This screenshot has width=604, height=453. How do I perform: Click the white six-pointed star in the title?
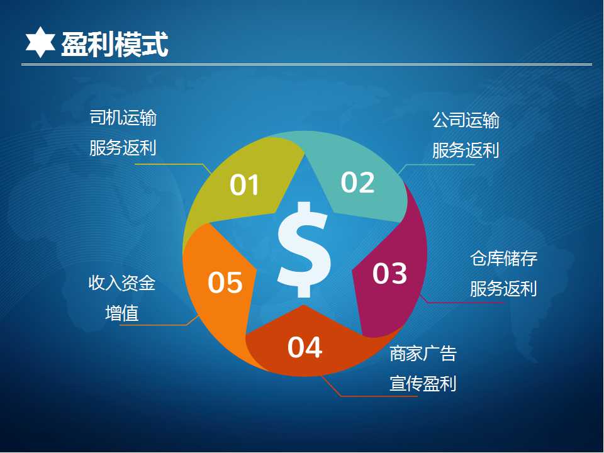(x=40, y=42)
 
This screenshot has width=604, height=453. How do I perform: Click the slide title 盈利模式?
(x=115, y=45)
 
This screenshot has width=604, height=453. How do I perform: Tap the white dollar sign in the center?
(x=304, y=250)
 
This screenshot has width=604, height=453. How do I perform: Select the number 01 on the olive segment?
(x=244, y=185)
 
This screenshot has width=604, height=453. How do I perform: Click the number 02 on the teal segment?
(x=357, y=182)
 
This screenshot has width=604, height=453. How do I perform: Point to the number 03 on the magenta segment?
(x=389, y=273)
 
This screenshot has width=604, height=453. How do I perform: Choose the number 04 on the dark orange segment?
(x=305, y=347)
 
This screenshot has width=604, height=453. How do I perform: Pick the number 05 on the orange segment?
(x=225, y=282)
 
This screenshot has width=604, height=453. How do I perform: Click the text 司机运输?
(x=123, y=118)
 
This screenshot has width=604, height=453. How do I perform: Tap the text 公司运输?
(x=466, y=120)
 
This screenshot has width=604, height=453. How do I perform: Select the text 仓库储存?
(x=503, y=258)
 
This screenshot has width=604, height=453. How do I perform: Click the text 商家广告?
(x=423, y=354)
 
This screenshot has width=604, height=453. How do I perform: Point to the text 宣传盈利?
(x=423, y=384)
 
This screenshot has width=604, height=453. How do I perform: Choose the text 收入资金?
(x=122, y=282)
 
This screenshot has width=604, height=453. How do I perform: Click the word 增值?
(x=122, y=313)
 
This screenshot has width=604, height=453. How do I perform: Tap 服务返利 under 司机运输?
(x=123, y=148)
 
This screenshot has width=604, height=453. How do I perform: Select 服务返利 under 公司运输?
(x=466, y=150)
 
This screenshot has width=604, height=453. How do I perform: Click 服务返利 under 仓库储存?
(x=503, y=289)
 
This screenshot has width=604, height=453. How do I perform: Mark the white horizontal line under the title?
(x=306, y=64)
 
